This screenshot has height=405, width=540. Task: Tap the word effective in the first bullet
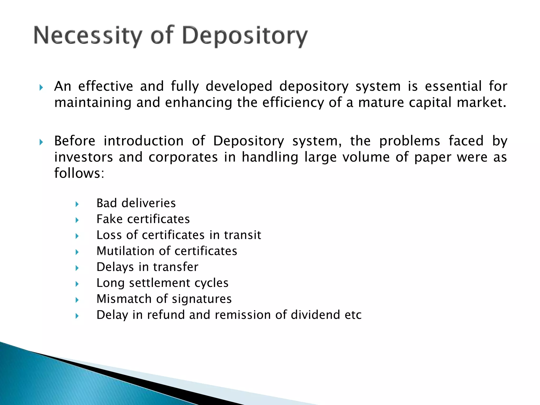(x=105, y=86)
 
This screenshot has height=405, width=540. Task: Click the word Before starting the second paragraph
(x=75, y=141)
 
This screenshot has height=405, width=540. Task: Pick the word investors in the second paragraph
(x=83, y=157)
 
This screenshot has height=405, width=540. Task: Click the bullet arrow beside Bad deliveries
(x=77, y=204)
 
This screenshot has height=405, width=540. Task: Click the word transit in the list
(x=242, y=235)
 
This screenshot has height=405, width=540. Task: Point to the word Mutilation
(x=125, y=251)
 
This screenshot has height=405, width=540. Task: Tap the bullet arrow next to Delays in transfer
(x=77, y=268)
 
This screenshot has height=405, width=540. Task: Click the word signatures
(x=202, y=299)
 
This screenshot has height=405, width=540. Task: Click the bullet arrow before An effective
(x=41, y=88)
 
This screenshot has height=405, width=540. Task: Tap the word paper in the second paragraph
(x=433, y=158)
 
